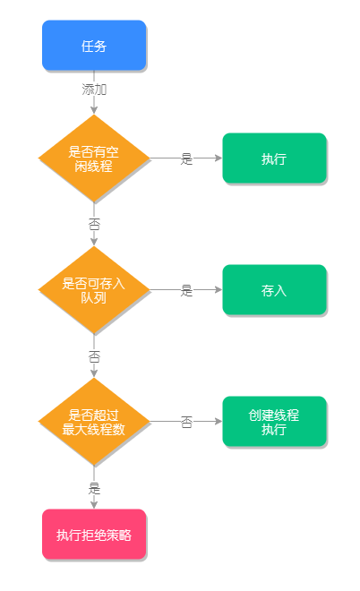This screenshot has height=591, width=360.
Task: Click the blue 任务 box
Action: coord(94,46)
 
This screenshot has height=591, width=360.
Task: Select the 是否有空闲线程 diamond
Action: coord(94,158)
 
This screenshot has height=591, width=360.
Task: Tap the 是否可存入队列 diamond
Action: coord(94,290)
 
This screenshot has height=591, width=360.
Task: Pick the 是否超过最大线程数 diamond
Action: coord(94,422)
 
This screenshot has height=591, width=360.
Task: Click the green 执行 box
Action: coord(274,158)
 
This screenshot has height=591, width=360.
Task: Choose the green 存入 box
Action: coord(274,290)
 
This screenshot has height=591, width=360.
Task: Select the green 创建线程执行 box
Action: coord(274,422)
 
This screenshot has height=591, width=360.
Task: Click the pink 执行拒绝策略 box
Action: coord(94,535)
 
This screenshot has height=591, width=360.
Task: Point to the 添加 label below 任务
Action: coord(94,90)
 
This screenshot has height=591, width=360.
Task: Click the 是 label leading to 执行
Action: coord(186,158)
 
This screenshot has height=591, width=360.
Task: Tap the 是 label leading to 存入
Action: coord(186,290)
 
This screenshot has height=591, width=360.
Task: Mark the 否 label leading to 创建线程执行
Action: coord(186,422)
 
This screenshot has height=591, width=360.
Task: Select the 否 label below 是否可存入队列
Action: coord(94,355)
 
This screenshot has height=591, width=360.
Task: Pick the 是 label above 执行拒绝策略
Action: coord(94,488)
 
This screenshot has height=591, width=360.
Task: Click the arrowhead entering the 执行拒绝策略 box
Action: coord(94,505)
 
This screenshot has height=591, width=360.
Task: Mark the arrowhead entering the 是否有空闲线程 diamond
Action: coord(94,110)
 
